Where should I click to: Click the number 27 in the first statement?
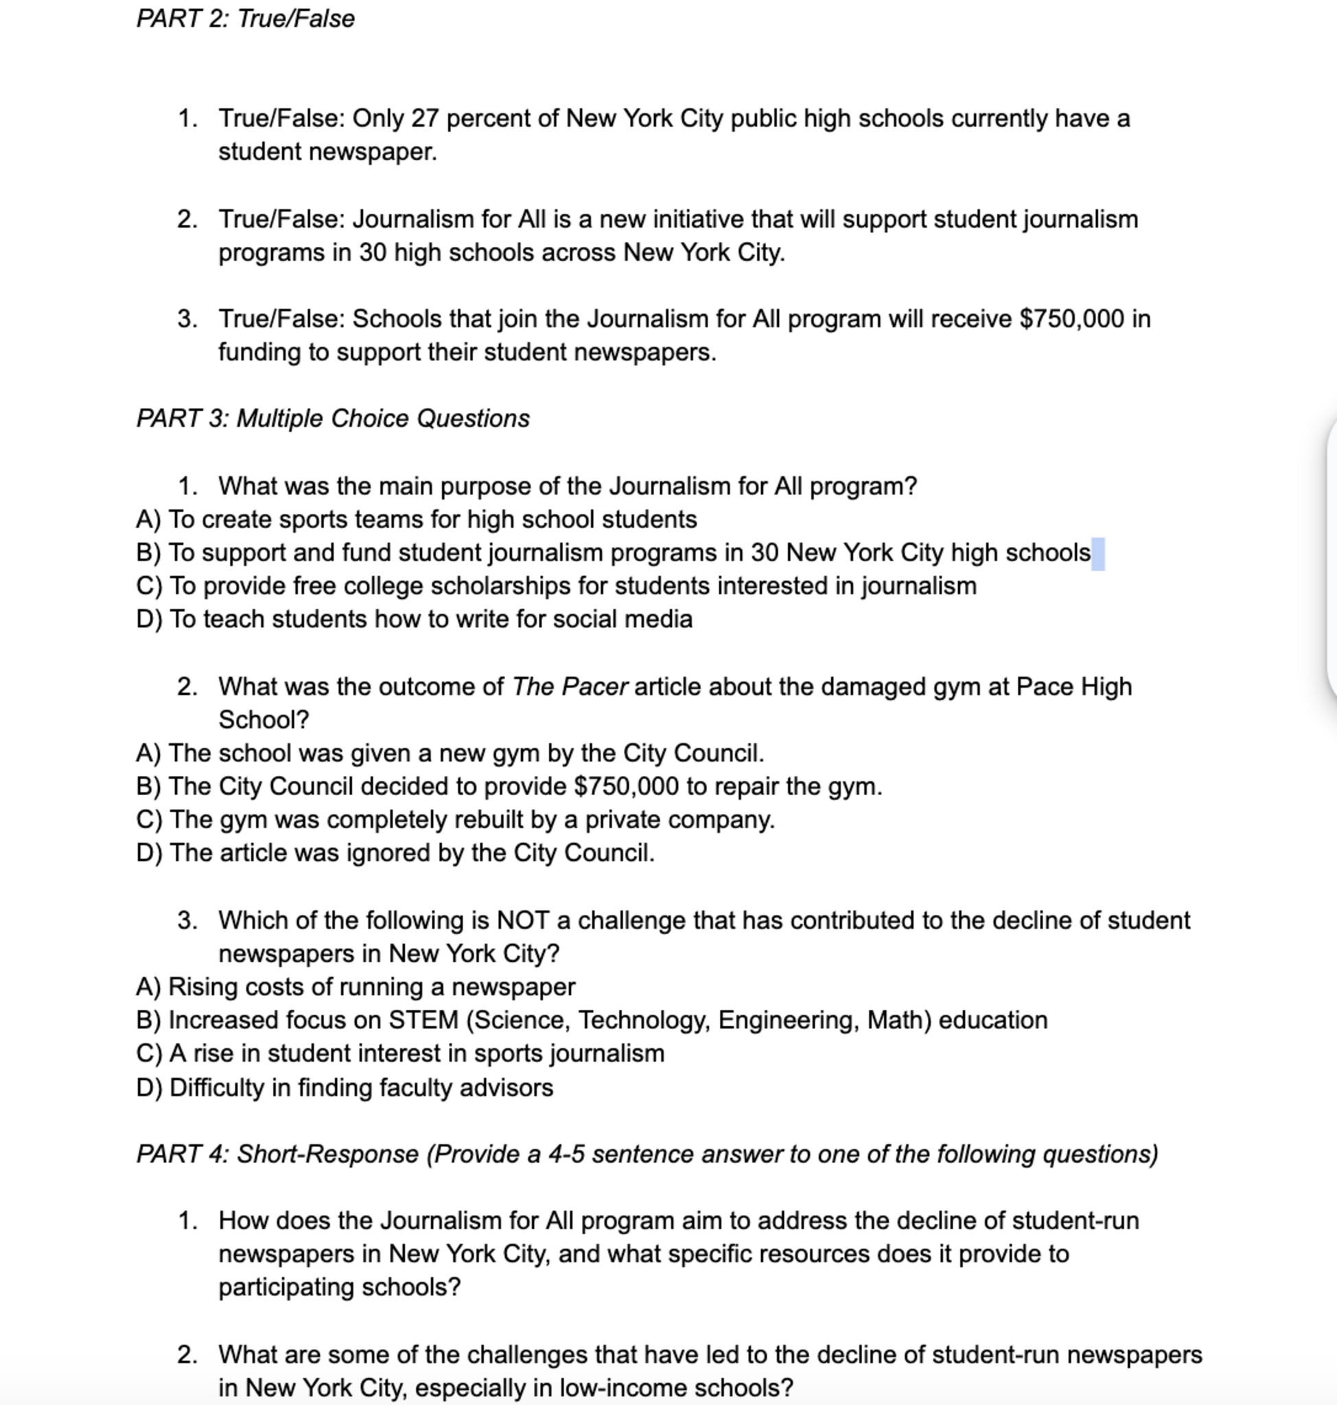(424, 118)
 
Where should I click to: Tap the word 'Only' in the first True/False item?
(377, 118)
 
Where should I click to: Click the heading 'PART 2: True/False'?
(245, 19)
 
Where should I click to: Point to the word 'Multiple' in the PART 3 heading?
(280, 418)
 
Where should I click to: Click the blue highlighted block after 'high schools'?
(1097, 554)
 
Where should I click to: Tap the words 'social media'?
(623, 619)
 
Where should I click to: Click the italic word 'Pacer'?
(594, 687)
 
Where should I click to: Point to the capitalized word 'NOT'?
(522, 921)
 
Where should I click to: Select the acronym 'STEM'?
(423, 1020)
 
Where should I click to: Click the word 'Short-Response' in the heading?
(327, 1154)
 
